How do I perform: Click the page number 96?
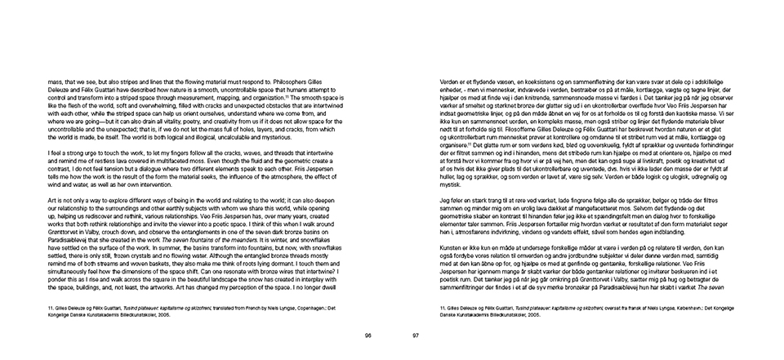pyautogui.click(x=367, y=336)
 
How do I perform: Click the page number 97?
pyautogui.click(x=415, y=336)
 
